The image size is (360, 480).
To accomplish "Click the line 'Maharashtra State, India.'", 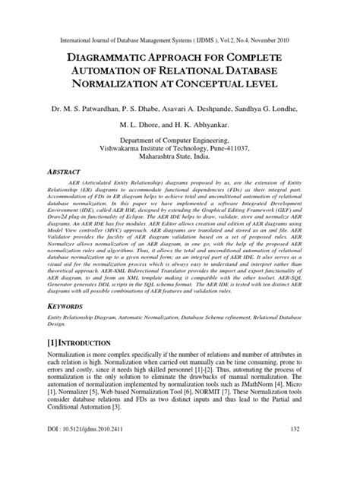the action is click(179, 159).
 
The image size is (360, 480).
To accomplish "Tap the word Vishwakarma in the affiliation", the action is click(132, 150).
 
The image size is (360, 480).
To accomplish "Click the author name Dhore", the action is click(153, 126).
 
